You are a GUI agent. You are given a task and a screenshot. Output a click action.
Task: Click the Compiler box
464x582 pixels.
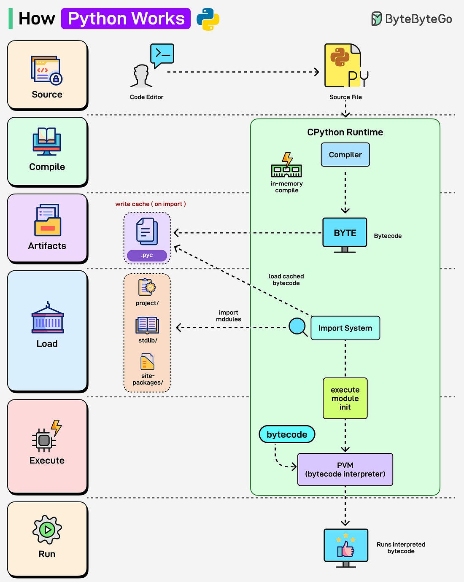[345, 155]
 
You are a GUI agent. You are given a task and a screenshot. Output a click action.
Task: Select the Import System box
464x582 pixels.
[345, 328]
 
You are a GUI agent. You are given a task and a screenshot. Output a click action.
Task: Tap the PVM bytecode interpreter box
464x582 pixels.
[345, 469]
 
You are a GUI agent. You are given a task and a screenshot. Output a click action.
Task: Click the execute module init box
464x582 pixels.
[345, 399]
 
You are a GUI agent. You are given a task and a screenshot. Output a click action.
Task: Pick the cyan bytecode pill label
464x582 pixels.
[287, 434]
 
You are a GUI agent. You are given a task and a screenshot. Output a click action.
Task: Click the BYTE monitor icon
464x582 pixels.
[345, 234]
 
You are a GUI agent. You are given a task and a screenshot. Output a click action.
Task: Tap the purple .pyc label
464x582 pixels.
[147, 255]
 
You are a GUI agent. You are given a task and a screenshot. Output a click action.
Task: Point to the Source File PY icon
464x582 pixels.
[345, 66]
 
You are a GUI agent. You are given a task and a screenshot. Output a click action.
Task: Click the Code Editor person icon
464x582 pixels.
[142, 76]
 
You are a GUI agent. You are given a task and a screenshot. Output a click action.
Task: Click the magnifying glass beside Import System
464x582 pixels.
[298, 327]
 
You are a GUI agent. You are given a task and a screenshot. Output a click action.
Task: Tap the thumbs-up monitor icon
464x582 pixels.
[346, 547]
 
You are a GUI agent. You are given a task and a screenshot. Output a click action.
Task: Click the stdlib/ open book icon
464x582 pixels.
[147, 326]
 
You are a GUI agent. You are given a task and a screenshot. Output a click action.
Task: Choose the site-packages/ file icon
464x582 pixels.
[147, 362]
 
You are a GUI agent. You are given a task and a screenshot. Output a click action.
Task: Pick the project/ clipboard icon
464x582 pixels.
[147, 287]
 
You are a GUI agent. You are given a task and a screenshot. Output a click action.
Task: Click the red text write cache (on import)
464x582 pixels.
[151, 204]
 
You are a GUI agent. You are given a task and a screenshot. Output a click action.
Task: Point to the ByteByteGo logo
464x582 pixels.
[411, 19]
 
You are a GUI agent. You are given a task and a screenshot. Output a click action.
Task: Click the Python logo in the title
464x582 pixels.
[208, 19]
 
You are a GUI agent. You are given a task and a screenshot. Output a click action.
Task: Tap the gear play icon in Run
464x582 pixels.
[47, 529]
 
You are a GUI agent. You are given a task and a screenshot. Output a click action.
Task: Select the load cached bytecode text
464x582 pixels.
[286, 280]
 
